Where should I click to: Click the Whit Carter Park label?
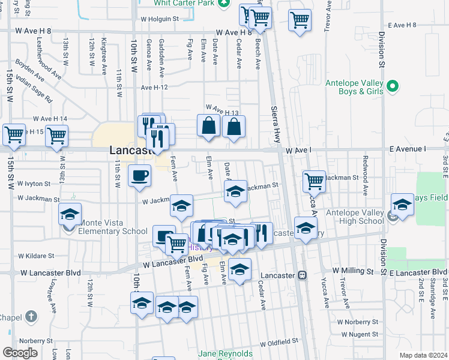tap(183, 4)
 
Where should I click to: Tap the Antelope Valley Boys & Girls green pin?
tap(393, 86)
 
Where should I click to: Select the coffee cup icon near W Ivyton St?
tap(140, 176)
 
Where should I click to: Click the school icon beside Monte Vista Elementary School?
tap(70, 214)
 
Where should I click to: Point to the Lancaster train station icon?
tap(303, 275)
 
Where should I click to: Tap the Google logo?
tap(20, 353)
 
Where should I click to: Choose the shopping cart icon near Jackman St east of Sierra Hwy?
tap(315, 180)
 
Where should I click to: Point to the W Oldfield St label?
tap(279, 341)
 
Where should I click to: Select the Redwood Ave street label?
tap(365, 176)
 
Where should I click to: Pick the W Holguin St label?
tap(160, 19)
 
